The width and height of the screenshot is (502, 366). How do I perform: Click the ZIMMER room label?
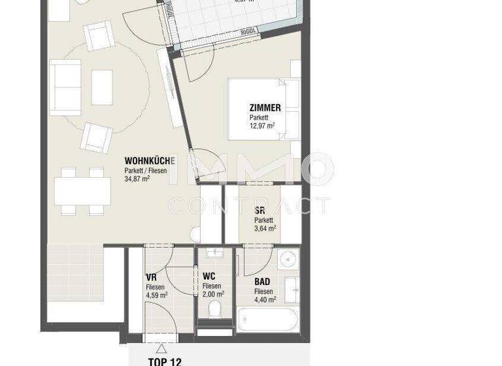(265, 108)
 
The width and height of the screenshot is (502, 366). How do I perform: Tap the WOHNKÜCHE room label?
(150, 161)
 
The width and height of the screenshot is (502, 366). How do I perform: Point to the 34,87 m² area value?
(138, 178)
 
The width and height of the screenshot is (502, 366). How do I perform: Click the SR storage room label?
(260, 210)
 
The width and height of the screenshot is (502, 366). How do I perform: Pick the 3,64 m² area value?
(265, 228)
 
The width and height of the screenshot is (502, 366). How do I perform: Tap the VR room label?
(151, 276)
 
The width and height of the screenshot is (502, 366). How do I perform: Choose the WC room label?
(209, 276)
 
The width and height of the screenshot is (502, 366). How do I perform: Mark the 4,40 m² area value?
(265, 299)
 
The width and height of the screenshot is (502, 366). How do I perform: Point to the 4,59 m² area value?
(157, 295)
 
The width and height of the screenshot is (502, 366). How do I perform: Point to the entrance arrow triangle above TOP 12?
(161, 348)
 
